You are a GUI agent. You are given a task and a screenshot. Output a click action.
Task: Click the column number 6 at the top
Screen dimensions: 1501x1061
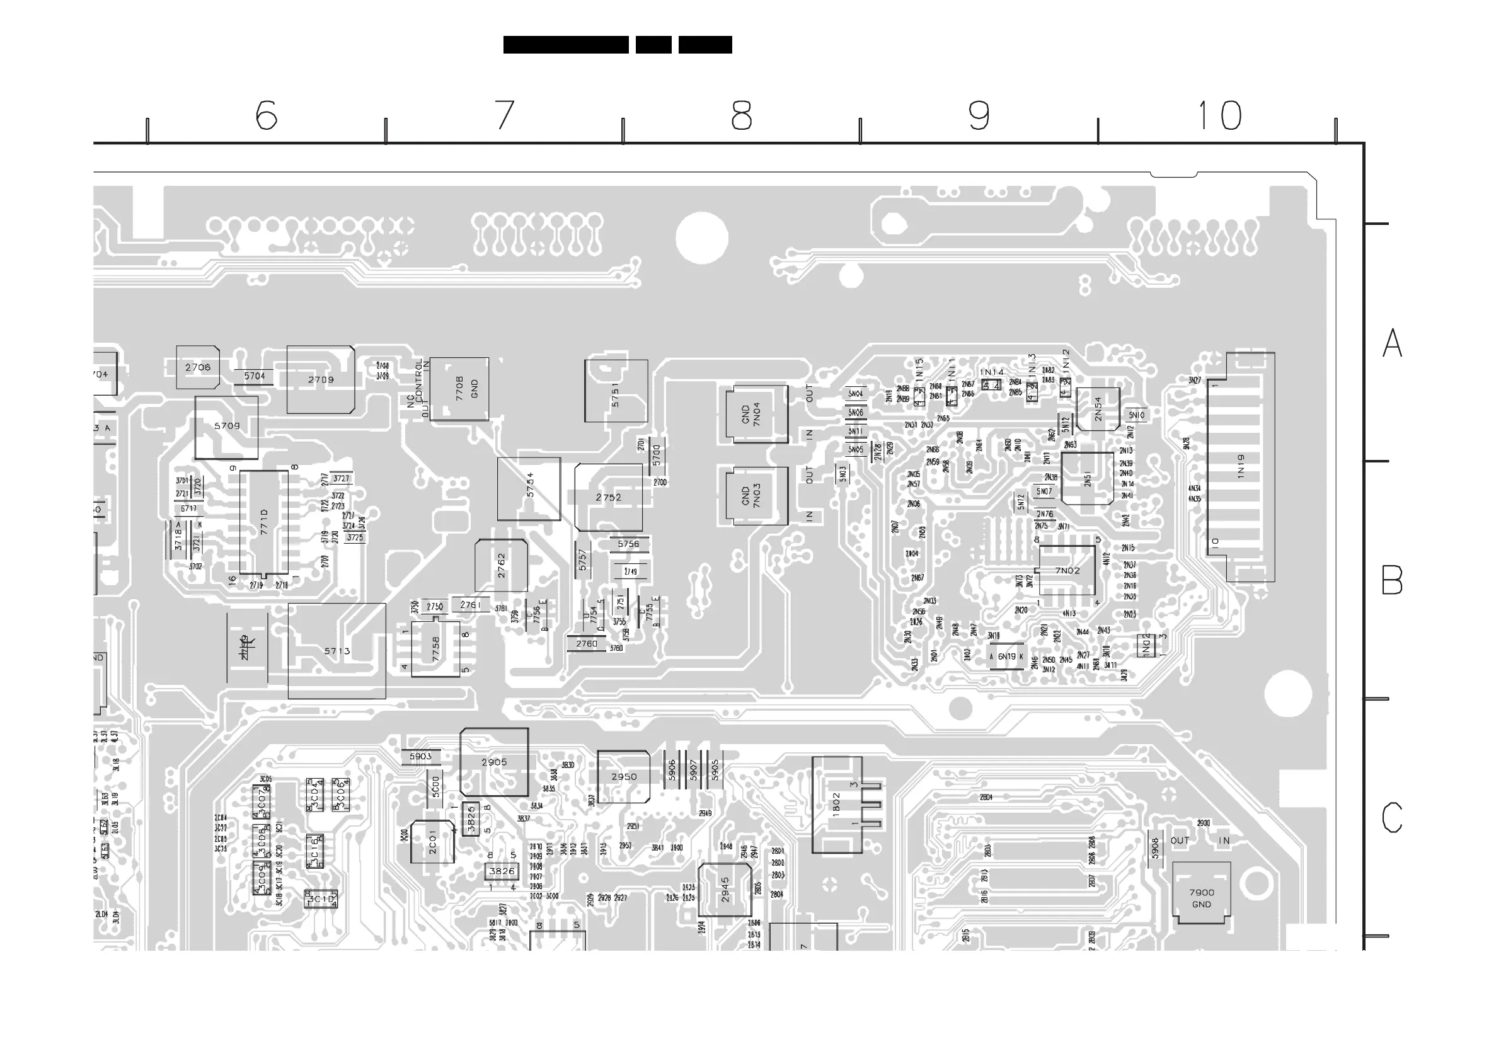click(266, 115)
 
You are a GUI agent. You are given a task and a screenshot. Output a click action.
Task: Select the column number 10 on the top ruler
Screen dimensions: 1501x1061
click(1219, 115)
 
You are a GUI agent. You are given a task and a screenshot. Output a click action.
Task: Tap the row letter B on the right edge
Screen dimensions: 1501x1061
click(1392, 580)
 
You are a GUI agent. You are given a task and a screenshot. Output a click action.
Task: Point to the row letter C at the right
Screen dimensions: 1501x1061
click(1392, 817)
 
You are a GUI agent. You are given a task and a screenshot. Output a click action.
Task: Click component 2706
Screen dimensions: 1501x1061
click(197, 367)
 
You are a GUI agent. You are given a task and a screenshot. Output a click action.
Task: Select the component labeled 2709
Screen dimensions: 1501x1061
click(320, 380)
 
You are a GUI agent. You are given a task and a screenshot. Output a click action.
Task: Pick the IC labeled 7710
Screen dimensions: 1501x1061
click(263, 522)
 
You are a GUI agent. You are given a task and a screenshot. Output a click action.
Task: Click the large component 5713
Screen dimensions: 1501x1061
click(336, 651)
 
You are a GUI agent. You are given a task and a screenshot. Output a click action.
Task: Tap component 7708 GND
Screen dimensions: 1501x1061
click(459, 389)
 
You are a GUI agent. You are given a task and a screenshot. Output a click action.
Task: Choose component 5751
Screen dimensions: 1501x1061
click(616, 391)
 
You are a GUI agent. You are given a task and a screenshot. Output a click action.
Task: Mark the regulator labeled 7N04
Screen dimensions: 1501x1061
click(756, 415)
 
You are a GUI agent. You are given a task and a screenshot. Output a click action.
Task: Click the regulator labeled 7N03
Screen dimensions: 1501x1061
click(756, 495)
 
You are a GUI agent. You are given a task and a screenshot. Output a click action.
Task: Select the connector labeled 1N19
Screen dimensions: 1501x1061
click(1240, 467)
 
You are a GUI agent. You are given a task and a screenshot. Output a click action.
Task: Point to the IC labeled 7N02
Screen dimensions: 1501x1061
click(1067, 571)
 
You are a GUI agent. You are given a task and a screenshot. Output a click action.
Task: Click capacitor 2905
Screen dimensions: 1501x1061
click(494, 762)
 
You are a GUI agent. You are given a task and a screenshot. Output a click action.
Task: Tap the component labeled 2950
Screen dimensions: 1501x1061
click(624, 777)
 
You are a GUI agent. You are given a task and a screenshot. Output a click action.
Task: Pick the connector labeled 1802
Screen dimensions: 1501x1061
click(837, 805)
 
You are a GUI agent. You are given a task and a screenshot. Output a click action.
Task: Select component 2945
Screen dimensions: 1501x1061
click(725, 890)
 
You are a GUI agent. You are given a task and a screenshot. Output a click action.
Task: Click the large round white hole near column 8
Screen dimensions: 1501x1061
click(701, 238)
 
